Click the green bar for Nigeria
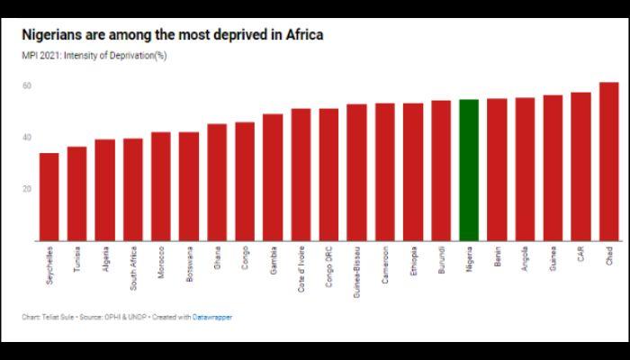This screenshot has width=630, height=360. click(x=468, y=170)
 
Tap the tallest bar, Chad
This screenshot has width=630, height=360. click(x=608, y=161)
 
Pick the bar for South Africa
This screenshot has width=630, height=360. click(x=132, y=189)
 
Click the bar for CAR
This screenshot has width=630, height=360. click(x=580, y=166)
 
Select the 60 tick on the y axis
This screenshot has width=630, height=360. click(x=27, y=86)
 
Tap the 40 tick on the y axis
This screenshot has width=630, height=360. click(x=27, y=138)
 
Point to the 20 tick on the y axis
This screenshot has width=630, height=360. click(x=27, y=189)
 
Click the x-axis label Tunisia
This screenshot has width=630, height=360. click(x=77, y=260)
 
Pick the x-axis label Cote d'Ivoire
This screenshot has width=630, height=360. click(x=301, y=267)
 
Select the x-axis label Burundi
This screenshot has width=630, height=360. click(x=441, y=261)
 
